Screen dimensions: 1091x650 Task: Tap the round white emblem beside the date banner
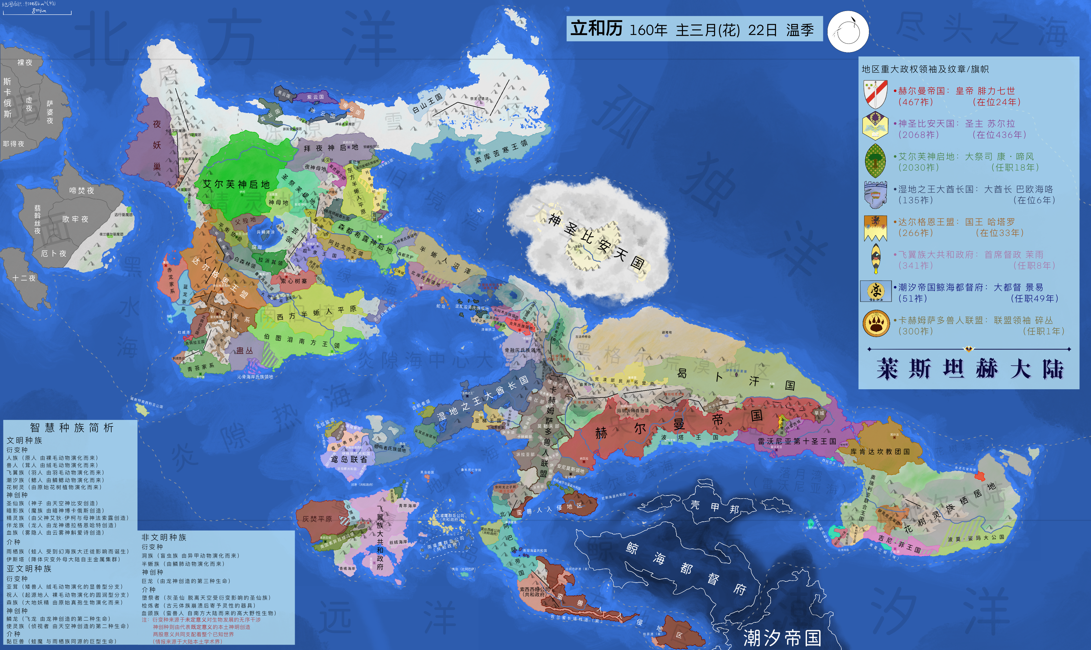pyautogui.click(x=848, y=32)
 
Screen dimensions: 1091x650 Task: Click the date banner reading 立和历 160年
pyautogui.click(x=694, y=29)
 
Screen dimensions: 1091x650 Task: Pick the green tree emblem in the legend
pyautogui.click(x=876, y=161)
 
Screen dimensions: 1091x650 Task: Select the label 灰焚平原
pyautogui.click(x=317, y=519)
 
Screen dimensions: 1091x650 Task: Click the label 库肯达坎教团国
pyautogui.click(x=880, y=452)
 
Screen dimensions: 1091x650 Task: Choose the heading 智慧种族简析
pyautogui.click(x=72, y=428)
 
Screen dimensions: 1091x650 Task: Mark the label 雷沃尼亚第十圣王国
pyautogui.click(x=797, y=441)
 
